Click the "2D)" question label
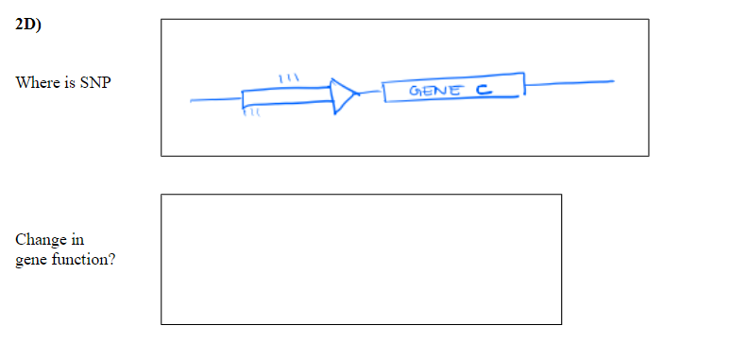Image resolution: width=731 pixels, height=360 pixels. (28, 26)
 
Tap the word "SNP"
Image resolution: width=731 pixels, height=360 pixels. (94, 83)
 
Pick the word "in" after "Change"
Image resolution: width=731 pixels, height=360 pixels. (76, 241)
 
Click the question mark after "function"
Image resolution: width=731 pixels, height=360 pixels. (112, 259)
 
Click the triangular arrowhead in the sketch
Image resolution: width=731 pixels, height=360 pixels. (345, 94)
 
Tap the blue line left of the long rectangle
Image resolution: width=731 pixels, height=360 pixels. (215, 98)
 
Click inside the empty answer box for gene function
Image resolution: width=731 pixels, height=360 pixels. (361, 259)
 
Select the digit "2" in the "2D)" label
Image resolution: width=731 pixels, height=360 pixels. (21, 26)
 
